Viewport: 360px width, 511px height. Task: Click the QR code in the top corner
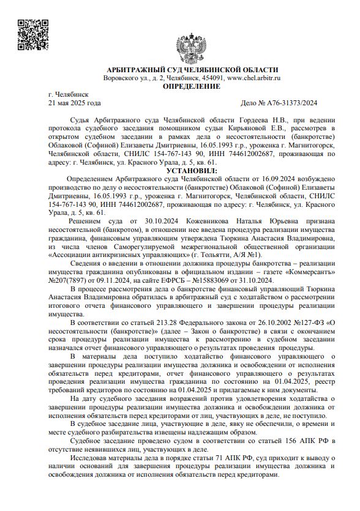[x=29, y=34]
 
